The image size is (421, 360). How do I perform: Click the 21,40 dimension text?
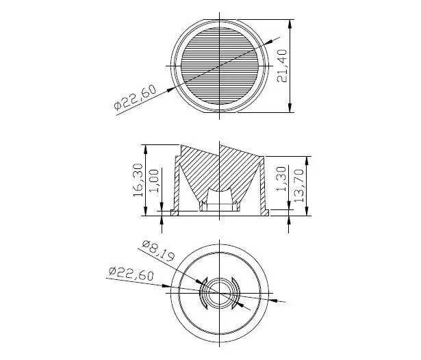[282, 66]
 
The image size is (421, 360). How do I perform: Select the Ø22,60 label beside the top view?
[135, 97]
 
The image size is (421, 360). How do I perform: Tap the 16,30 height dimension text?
[138, 180]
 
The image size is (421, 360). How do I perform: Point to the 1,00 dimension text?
[154, 181]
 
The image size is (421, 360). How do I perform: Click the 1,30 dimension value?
[281, 179]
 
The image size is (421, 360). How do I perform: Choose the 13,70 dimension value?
[298, 185]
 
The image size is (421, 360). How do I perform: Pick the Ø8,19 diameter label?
[158, 250]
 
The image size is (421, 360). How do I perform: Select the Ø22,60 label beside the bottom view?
[131, 274]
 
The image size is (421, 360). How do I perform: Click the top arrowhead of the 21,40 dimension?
[290, 24]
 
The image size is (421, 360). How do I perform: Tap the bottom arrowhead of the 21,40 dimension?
[290, 108]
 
